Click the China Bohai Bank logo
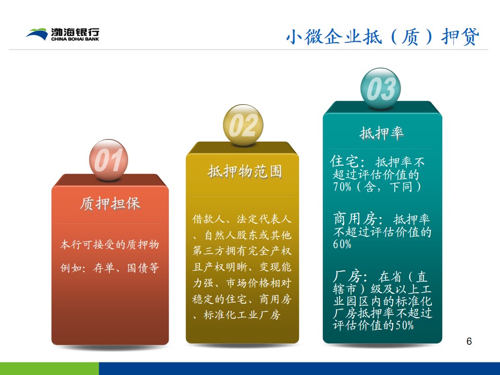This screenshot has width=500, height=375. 63,34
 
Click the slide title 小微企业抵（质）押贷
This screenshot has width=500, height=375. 382,36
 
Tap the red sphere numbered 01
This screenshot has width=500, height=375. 108,160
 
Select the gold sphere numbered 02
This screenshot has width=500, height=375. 243,124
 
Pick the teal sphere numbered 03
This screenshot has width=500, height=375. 380,89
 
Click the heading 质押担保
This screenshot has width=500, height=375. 110,204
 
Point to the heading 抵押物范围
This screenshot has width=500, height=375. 245,171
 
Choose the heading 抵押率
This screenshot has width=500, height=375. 382,133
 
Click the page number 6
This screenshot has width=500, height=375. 469,341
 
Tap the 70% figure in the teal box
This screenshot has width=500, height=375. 342,186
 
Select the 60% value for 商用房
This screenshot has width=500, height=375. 342,244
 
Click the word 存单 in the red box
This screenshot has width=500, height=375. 104,268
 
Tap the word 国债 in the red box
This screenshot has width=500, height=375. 137,268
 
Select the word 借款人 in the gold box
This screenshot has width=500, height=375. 208,219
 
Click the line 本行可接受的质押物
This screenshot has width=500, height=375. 110,245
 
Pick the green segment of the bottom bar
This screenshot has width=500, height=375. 49,369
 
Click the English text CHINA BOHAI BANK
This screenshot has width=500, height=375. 75,39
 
